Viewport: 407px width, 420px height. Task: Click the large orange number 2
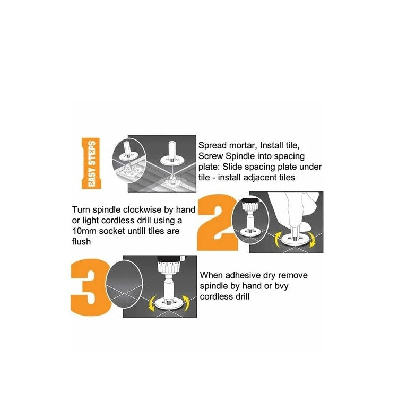tap(217, 222)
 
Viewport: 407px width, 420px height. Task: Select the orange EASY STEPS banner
tap(91, 163)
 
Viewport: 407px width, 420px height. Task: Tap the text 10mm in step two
tap(84, 231)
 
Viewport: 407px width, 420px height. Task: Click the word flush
tap(81, 242)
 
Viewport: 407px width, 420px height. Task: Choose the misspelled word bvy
tap(281, 286)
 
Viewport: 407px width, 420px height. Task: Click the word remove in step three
tap(293, 276)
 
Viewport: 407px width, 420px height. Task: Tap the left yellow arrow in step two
tap(278, 239)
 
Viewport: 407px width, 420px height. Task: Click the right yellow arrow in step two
tap(311, 240)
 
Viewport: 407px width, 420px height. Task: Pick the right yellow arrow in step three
tap(186, 303)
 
